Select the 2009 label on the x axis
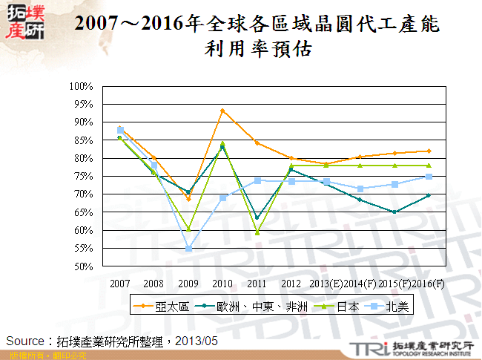click(x=188, y=284)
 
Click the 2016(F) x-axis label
click(x=429, y=284)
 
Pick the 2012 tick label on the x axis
click(x=291, y=284)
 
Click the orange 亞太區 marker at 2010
click(x=222, y=111)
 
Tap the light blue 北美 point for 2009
click(x=188, y=249)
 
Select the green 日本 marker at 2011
click(x=257, y=232)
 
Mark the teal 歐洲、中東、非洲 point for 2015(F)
click(x=394, y=212)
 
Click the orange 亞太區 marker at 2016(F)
click(x=429, y=151)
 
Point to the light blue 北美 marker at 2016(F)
click(x=429, y=177)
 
